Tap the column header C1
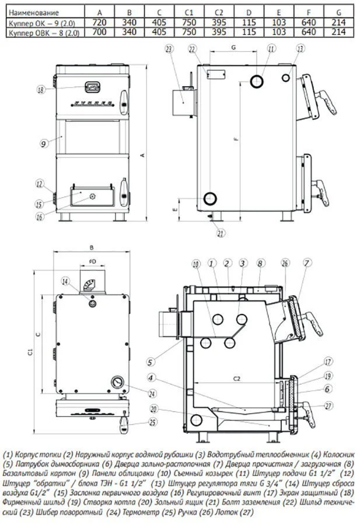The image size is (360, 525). pos(188,12)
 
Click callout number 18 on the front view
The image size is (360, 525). pos(40,90)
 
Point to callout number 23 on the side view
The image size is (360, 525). pos(170,50)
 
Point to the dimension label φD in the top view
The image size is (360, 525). pos(92,261)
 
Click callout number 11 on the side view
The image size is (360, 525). pos(271,50)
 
